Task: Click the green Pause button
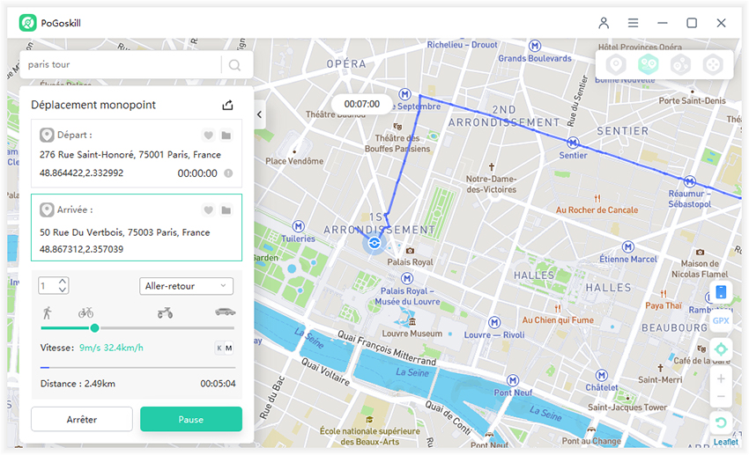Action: (x=190, y=419)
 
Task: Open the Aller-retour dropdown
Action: (x=186, y=286)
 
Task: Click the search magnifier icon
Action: (x=234, y=64)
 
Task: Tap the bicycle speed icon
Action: (x=85, y=312)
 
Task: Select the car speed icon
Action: (x=225, y=312)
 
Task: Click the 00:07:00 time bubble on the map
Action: (x=361, y=104)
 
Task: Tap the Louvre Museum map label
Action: (x=413, y=334)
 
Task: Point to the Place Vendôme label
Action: (x=294, y=161)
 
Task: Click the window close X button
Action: (x=721, y=23)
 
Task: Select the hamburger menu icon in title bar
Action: (x=633, y=23)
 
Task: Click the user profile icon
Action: (x=604, y=23)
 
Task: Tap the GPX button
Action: (x=721, y=321)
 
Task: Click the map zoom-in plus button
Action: (x=721, y=379)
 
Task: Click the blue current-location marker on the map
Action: (x=374, y=243)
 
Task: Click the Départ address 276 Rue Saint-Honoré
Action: (x=130, y=154)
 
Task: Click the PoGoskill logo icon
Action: (x=27, y=23)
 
